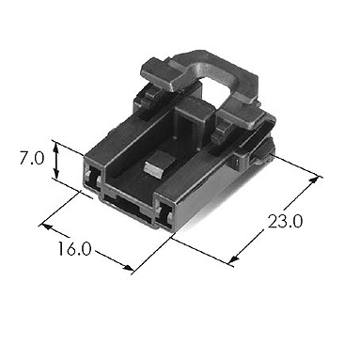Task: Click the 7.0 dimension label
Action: point(32,158)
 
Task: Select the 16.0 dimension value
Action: point(74,249)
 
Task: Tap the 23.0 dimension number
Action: point(285,222)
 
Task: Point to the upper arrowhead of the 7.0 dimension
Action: point(56,147)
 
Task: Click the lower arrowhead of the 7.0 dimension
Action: point(56,173)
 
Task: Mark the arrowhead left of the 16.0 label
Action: point(47,227)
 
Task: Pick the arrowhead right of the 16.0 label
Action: point(129,268)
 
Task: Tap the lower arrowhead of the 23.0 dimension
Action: point(234,259)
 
